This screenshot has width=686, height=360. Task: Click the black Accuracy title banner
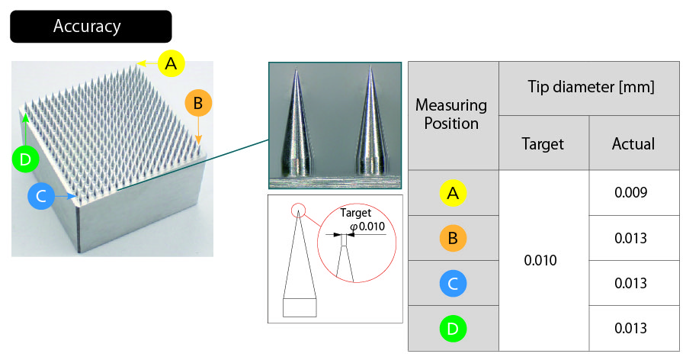pyautogui.click(x=91, y=26)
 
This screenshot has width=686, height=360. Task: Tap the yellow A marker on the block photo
pyautogui.click(x=171, y=63)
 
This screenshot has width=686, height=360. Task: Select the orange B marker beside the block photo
pyautogui.click(x=198, y=103)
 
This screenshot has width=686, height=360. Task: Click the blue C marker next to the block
pyautogui.click(x=41, y=196)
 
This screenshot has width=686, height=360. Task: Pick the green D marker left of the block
pyautogui.click(x=25, y=159)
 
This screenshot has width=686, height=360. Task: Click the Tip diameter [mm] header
pyautogui.click(x=591, y=87)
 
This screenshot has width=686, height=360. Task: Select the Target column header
pyautogui.click(x=543, y=143)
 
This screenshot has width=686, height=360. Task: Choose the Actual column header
pyautogui.click(x=633, y=143)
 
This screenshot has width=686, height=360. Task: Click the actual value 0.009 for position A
pyautogui.click(x=631, y=192)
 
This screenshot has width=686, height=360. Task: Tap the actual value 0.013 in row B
pyautogui.click(x=631, y=238)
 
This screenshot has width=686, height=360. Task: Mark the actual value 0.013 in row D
pyautogui.click(x=631, y=328)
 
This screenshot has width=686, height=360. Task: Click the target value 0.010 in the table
pyautogui.click(x=540, y=260)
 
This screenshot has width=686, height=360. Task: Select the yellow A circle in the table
pyautogui.click(x=453, y=193)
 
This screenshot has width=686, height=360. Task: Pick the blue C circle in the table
pyautogui.click(x=453, y=284)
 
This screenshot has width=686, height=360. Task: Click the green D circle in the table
pyautogui.click(x=453, y=329)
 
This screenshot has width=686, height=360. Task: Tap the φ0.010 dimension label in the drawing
pyautogui.click(x=367, y=227)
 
